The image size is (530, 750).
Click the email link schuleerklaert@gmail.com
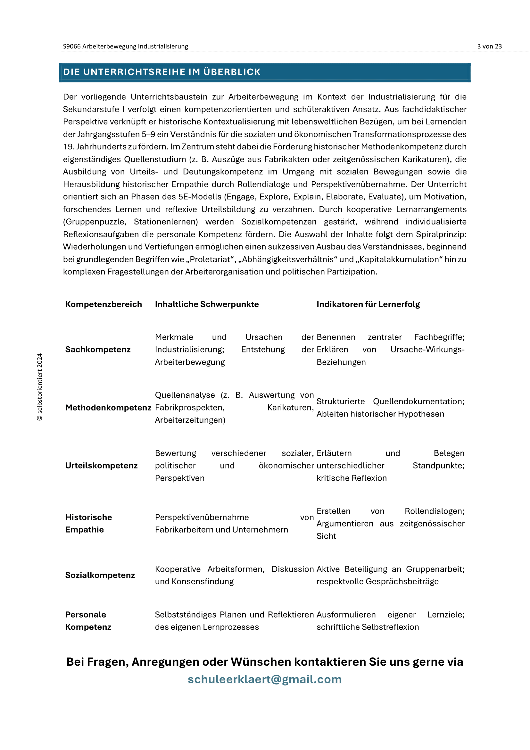pyautogui.click(x=265, y=679)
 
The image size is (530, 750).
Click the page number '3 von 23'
pyautogui.click(x=489, y=46)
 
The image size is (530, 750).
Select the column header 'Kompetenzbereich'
pyautogui.click(x=104, y=304)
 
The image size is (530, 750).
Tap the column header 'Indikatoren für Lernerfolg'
pyautogui.click(x=368, y=304)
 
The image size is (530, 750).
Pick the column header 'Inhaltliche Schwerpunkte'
pyautogui.click(x=207, y=304)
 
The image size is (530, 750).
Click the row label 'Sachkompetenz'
pyautogui.click(x=98, y=350)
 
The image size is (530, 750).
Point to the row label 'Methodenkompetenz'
pyautogui.click(x=108, y=407)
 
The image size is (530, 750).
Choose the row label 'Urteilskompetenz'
pyautogui.click(x=101, y=466)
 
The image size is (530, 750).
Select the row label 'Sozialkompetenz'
pyautogui.click(x=100, y=575)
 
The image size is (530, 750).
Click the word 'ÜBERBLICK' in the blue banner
pyautogui.click(x=232, y=72)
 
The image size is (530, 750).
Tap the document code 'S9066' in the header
pyautogui.click(x=71, y=46)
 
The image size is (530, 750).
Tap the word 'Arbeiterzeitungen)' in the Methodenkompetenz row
pyautogui.click(x=190, y=420)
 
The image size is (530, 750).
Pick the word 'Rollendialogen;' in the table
pyautogui.click(x=435, y=511)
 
